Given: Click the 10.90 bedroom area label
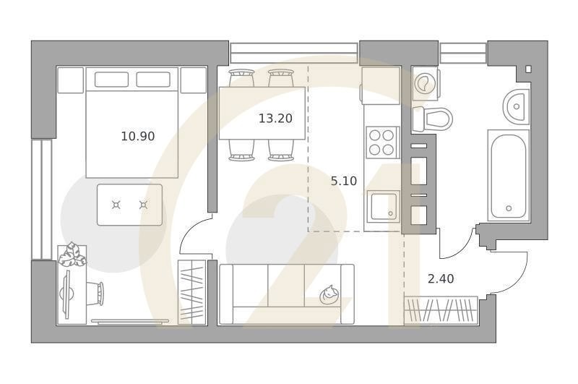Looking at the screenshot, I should [x=138, y=135].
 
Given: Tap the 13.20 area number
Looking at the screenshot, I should [x=275, y=119].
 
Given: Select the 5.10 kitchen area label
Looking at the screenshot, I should [x=344, y=182].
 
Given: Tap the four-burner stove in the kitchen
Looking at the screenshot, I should [x=382, y=142].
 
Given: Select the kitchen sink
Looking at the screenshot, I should [x=382, y=206].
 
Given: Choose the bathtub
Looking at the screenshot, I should [x=509, y=175].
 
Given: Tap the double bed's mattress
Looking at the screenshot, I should [x=131, y=134].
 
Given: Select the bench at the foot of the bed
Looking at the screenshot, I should [x=130, y=205].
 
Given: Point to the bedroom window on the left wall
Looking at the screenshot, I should [x=41, y=199].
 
